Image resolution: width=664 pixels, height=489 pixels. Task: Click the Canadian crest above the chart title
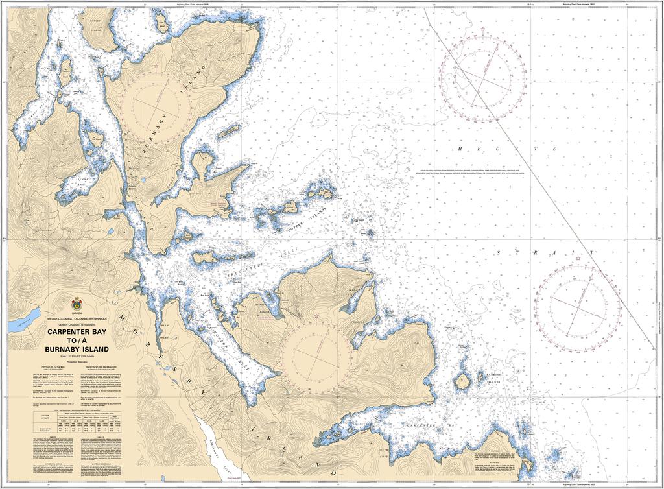77,304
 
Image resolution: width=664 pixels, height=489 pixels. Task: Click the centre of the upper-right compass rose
482,78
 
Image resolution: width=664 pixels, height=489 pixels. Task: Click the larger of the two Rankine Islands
462,381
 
